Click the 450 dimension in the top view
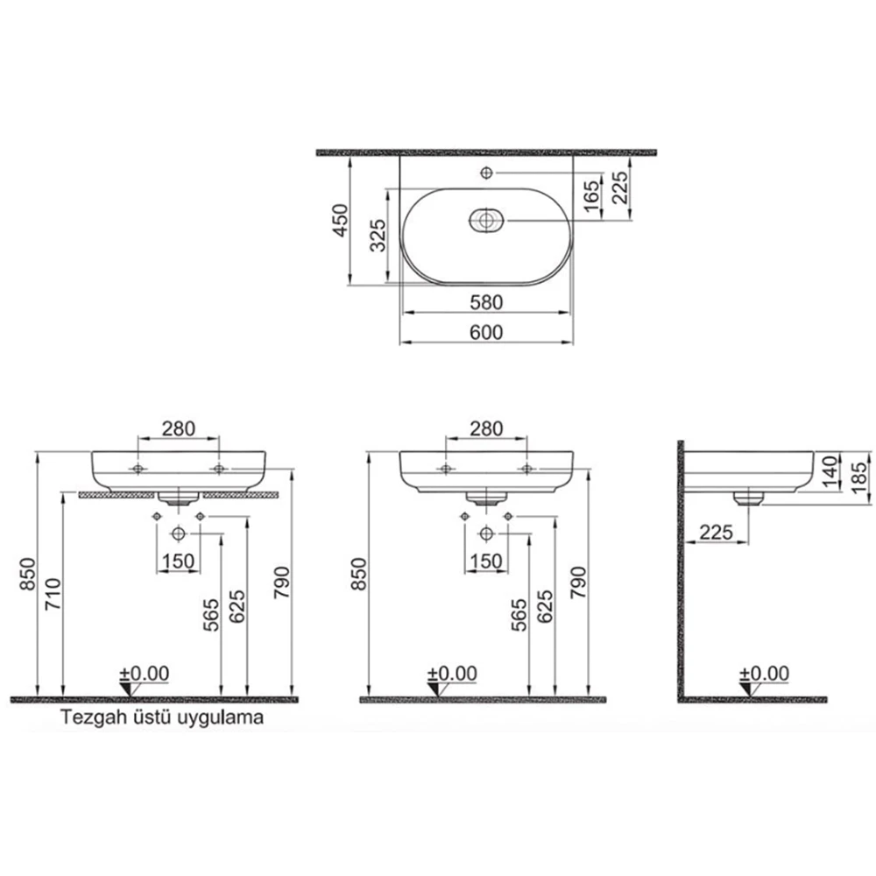[x=340, y=220]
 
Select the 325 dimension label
[x=378, y=235]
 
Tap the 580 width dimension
[x=486, y=302]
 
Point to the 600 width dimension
[x=486, y=332]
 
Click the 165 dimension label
[x=590, y=196]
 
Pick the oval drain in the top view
[x=486, y=220]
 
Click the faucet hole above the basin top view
[x=486, y=173]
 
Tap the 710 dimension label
[x=53, y=594]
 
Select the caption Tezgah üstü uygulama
[x=162, y=717]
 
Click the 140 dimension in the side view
[x=830, y=471]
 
